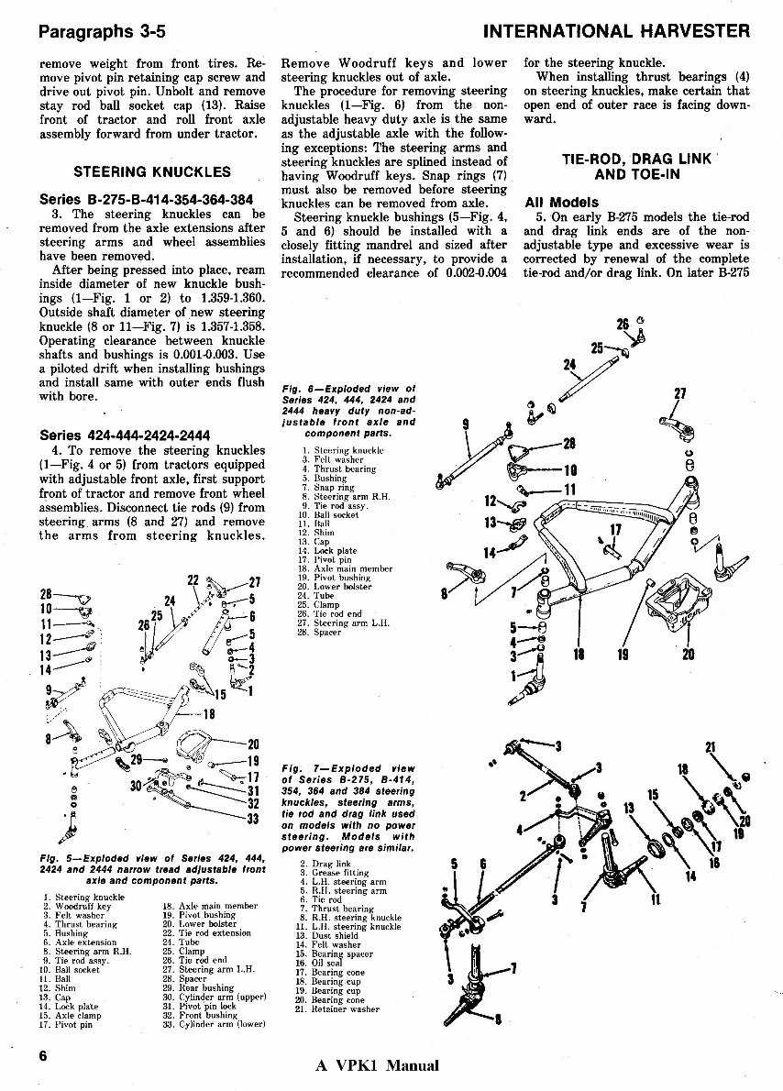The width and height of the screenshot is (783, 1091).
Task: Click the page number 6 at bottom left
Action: coord(43,1055)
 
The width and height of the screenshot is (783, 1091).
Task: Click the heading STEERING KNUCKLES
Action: coord(152,171)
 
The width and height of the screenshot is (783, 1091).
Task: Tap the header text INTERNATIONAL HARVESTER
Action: coord(616,31)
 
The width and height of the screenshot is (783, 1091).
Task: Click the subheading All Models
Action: coord(561,202)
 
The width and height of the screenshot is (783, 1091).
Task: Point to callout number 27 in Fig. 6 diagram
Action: coord(679,395)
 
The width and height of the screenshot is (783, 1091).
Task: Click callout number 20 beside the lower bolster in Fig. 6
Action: coord(688,654)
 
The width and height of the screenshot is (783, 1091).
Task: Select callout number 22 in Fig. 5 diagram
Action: coord(193,580)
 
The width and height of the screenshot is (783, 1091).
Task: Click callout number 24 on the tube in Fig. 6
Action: coord(568,365)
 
